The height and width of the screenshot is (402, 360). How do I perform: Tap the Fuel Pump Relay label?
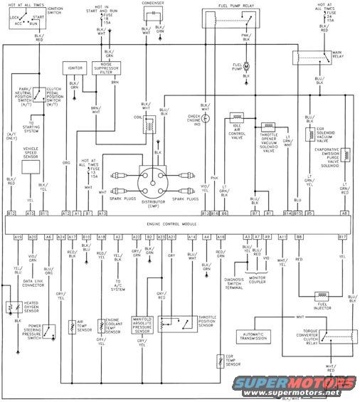pyautogui.click(x=226, y=6)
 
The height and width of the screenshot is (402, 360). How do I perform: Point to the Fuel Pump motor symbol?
pyautogui.click(x=245, y=66)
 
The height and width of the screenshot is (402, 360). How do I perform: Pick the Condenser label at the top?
pyautogui.click(x=152, y=4)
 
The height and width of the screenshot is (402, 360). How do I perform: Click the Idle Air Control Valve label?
pyautogui.click(x=236, y=132)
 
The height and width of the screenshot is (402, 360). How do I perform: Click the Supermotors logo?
pyautogui.click(x=312, y=387)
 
